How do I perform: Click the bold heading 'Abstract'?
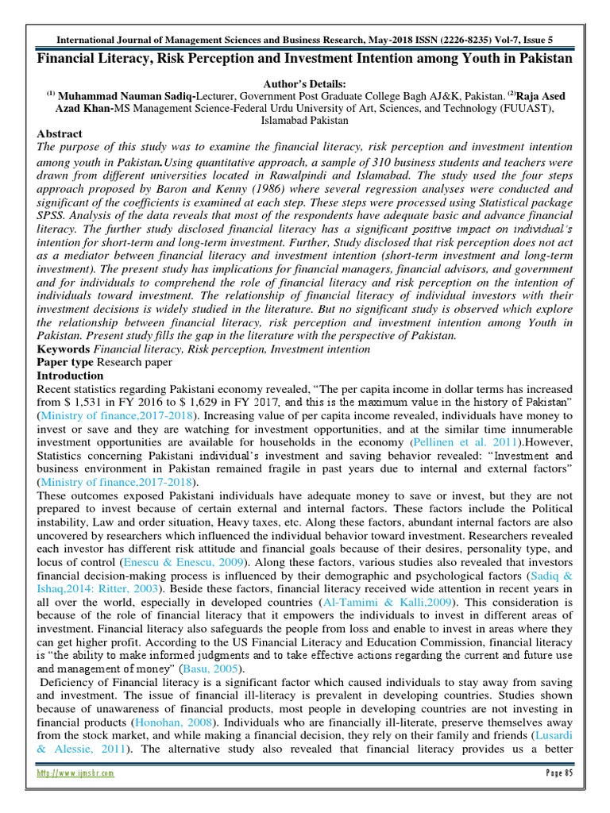[60, 135]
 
